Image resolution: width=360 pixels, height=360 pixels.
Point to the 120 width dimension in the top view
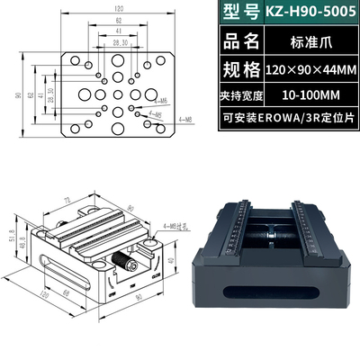point(119,8)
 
